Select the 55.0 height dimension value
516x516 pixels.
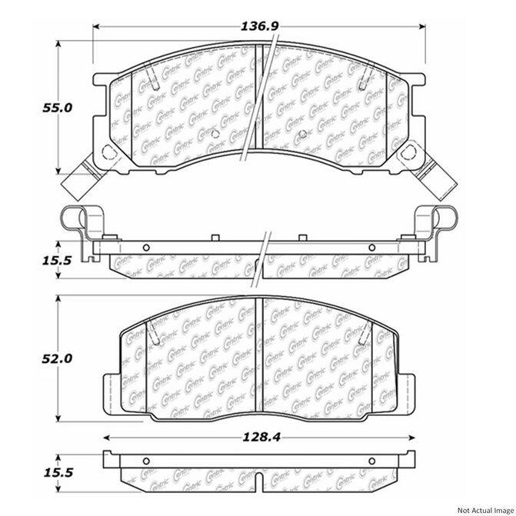pyautogui.click(x=57, y=108)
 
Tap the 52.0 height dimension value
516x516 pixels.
pyautogui.click(x=57, y=358)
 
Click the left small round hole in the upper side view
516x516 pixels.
pyautogui.click(x=145, y=248)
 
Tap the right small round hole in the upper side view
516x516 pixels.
pyautogui.click(x=371, y=248)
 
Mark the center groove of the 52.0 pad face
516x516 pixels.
pyautogui.click(x=258, y=358)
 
